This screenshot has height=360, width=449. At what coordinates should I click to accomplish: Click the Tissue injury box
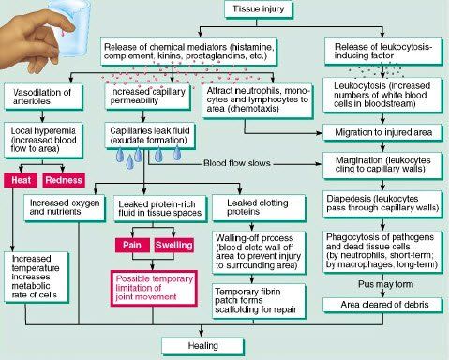[x=259, y=9]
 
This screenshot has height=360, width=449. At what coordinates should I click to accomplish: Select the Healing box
[x=202, y=346]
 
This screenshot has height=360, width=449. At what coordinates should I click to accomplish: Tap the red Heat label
[x=21, y=180]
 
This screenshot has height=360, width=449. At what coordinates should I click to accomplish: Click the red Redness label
[x=64, y=180]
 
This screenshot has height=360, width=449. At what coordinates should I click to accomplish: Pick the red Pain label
[x=132, y=245]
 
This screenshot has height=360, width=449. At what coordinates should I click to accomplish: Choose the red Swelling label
[x=173, y=245]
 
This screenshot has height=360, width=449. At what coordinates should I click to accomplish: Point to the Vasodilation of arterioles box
[x=43, y=97]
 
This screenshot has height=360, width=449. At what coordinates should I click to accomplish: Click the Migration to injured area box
[x=382, y=132]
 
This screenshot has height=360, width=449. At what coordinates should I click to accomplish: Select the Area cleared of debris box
[x=382, y=305]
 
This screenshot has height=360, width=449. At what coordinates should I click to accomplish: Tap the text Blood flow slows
[x=237, y=163]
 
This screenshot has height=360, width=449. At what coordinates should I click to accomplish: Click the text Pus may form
[x=385, y=284]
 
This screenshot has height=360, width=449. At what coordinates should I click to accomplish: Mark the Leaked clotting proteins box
[x=259, y=207]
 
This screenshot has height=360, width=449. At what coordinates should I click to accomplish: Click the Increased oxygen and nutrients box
[x=65, y=207]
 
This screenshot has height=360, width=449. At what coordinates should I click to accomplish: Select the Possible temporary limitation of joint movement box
[x=154, y=288]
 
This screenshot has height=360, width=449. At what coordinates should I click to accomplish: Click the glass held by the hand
[x=69, y=26]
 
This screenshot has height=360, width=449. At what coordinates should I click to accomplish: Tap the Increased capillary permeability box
[x=148, y=96]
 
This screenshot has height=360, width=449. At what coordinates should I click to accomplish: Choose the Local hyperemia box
[x=43, y=140]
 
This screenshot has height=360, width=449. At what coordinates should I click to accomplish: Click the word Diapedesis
[x=345, y=199]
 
